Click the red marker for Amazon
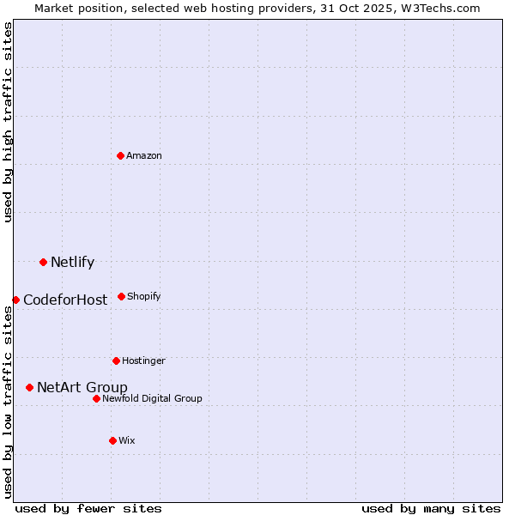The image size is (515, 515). click(120, 155)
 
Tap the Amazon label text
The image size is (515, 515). click(144, 156)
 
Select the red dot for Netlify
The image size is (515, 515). click(43, 262)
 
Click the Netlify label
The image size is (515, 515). click(72, 263)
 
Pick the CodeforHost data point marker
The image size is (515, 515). click(15, 300)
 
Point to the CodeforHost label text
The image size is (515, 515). click(65, 300)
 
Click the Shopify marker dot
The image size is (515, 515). click(121, 296)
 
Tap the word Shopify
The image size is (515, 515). click(144, 297)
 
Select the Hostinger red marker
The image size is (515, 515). click(116, 360)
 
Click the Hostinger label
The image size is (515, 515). click(143, 361)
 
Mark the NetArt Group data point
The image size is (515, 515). click(29, 387)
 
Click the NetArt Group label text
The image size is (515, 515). click(82, 388)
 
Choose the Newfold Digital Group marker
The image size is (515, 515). click(96, 398)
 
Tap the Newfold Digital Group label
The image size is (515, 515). click(152, 399)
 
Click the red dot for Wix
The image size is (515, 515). click(112, 440)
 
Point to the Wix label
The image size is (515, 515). click(127, 441)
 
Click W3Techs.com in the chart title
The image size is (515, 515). click(443, 9)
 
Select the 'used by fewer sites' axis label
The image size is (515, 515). click(88, 509)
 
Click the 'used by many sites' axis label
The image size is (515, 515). click(431, 509)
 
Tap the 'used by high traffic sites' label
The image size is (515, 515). click(9, 122)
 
